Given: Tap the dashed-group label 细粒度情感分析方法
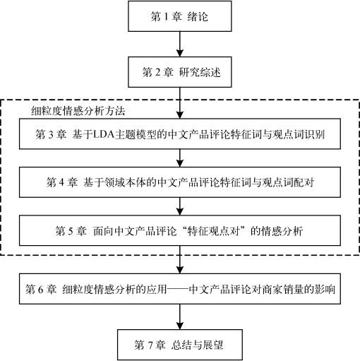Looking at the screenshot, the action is pyautogui.click(x=78, y=111).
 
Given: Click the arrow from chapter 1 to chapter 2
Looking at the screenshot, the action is pyautogui.click(x=180, y=44).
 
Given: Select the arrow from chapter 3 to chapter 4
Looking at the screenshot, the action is pyautogui.click(x=180, y=158).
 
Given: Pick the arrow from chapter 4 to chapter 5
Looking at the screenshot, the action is pyautogui.click(x=180, y=206).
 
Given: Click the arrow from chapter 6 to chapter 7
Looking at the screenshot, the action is pyautogui.click(x=180, y=316).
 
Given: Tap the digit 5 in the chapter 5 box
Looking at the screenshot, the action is pyautogui.click(x=71, y=231).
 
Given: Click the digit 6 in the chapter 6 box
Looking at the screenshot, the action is pyautogui.click(x=40, y=289).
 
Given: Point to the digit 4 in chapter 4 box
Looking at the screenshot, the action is pyautogui.click(x=61, y=182).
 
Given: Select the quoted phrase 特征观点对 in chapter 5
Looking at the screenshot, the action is pyautogui.click(x=214, y=231).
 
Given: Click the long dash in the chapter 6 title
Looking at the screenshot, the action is pyautogui.click(x=178, y=289).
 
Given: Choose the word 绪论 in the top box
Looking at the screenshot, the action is pyautogui.click(x=198, y=17).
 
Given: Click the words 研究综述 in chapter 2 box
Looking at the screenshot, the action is pyautogui.click(x=200, y=72).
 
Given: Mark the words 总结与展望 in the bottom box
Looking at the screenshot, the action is pyautogui.click(x=197, y=345).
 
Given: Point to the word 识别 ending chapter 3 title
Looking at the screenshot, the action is pyautogui.click(x=314, y=134).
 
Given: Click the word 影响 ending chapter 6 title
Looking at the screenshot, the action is pyautogui.click(x=325, y=289).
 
